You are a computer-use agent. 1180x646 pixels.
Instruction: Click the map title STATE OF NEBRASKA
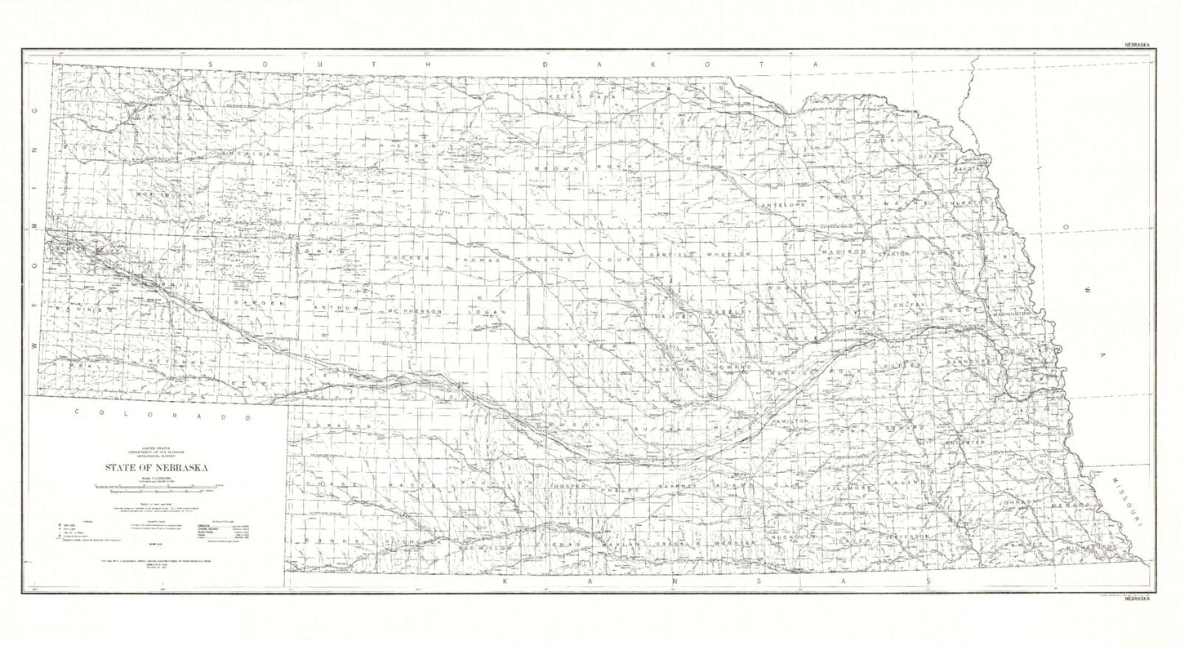coord(155,468)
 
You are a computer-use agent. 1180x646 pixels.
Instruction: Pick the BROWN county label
coord(556,168)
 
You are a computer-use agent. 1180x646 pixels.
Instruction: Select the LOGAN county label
coord(488,312)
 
